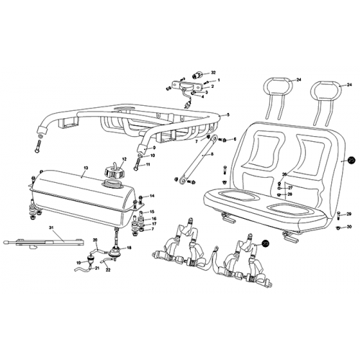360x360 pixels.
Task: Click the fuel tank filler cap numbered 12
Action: pyautogui.click(x=112, y=173)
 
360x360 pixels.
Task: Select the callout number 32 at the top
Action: pyautogui.click(x=213, y=73)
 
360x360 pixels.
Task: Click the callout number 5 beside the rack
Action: pyautogui.click(x=228, y=114)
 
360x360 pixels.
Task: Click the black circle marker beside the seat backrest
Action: pyautogui.click(x=352, y=161)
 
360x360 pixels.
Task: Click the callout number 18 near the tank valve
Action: pyautogui.click(x=129, y=248)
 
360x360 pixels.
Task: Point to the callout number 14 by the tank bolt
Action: pyautogui.click(x=152, y=196)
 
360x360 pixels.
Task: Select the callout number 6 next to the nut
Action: pyautogui.click(x=234, y=138)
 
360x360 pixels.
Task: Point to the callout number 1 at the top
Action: pyautogui.click(x=219, y=80)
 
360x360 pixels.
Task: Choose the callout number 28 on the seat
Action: pyautogui.click(x=289, y=194)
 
